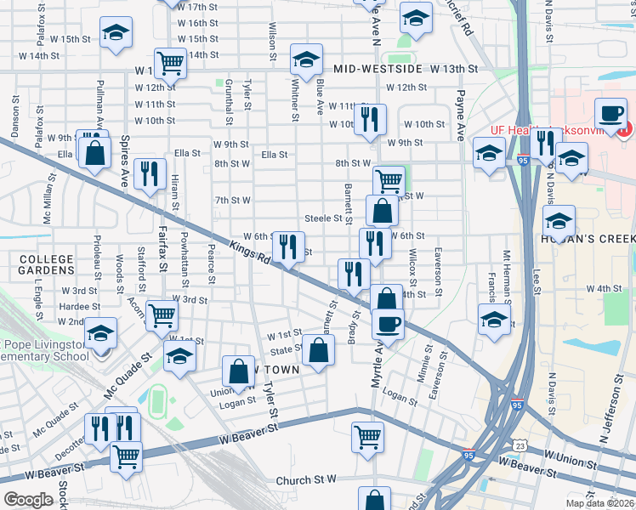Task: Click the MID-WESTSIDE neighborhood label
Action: coord(378,68)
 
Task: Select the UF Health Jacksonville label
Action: coord(550,130)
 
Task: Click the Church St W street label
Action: coord(307,480)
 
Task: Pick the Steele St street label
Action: coord(323,218)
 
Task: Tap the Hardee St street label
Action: coord(81,306)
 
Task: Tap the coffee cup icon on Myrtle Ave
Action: coord(389,326)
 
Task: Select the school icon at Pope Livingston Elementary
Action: coord(101,333)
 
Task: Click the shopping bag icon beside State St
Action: coord(318,350)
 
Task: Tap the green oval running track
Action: coord(156,398)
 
